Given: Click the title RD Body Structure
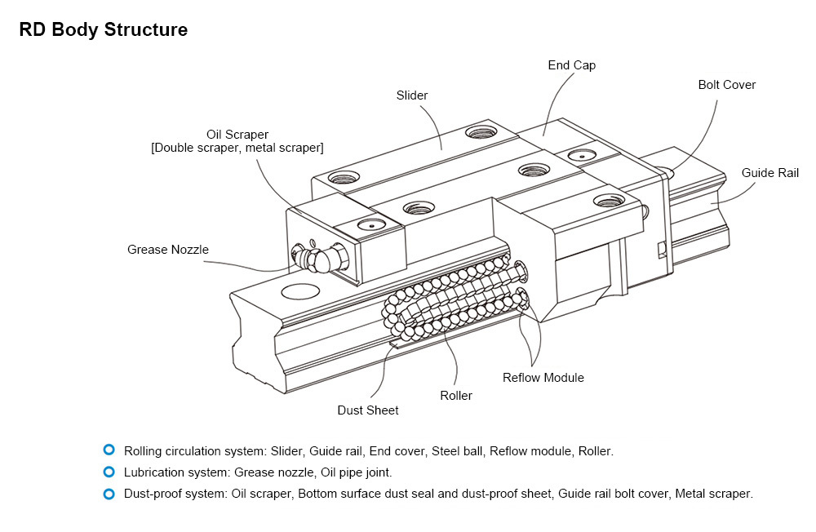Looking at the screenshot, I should [104, 30].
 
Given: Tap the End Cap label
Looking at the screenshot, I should [571, 65].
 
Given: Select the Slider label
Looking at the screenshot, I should [412, 95].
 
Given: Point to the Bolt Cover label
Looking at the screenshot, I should [726, 85].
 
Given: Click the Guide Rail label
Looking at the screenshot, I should [769, 173].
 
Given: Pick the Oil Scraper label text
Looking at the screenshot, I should [237, 134].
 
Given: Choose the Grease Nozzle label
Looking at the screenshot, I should [168, 250].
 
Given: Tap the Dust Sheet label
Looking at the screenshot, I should [368, 410].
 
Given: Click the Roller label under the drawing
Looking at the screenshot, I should [456, 396].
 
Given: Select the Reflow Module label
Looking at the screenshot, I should [543, 378].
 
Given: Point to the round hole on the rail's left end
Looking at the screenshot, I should [299, 291].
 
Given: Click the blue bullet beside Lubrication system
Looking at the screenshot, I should [109, 472].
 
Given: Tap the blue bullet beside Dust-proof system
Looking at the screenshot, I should [109, 494].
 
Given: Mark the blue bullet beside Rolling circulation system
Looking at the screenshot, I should [109, 450].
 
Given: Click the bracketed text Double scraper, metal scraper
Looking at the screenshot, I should [237, 148].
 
